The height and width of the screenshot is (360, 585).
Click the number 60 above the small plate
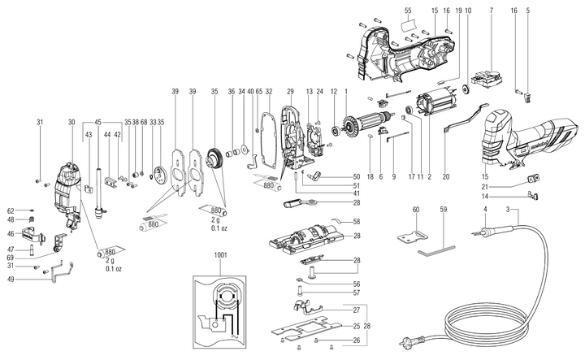click(x=415, y=210)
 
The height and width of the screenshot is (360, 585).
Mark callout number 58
click(x=356, y=221)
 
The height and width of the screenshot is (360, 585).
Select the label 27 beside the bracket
click(x=356, y=310)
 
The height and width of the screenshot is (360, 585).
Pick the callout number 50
click(x=356, y=177)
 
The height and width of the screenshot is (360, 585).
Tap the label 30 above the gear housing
click(x=71, y=123)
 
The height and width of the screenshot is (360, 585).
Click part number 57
click(x=356, y=292)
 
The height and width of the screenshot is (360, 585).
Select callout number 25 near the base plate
click(x=356, y=326)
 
